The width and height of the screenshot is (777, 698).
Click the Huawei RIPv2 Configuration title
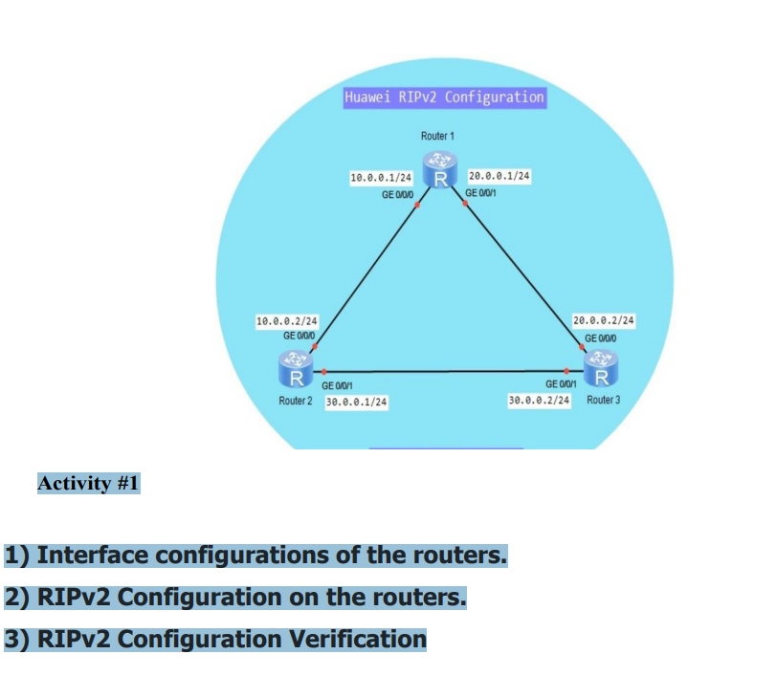[x=444, y=97]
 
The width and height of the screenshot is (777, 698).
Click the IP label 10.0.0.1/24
[x=381, y=178]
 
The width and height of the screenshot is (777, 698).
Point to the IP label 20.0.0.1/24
[x=499, y=176]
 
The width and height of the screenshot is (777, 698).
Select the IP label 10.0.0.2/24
[x=287, y=321]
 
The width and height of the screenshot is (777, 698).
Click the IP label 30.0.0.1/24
[x=356, y=403]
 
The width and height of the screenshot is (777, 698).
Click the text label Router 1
[x=437, y=136]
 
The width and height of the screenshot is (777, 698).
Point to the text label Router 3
[x=604, y=399]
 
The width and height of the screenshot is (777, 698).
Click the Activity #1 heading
[x=88, y=483]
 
